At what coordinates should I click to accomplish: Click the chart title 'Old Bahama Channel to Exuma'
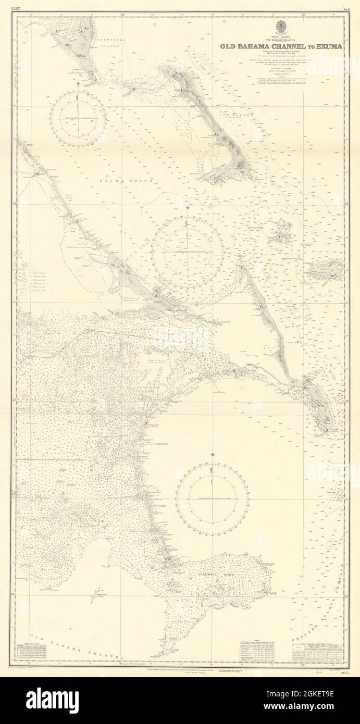(x=281, y=46)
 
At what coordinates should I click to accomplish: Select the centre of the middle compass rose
(x=188, y=252)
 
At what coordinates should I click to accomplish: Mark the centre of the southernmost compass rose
(x=212, y=499)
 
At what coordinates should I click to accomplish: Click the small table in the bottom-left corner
(x=32, y=651)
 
